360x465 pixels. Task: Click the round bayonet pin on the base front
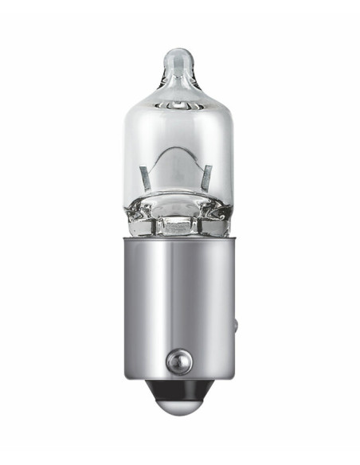click(x=178, y=362)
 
